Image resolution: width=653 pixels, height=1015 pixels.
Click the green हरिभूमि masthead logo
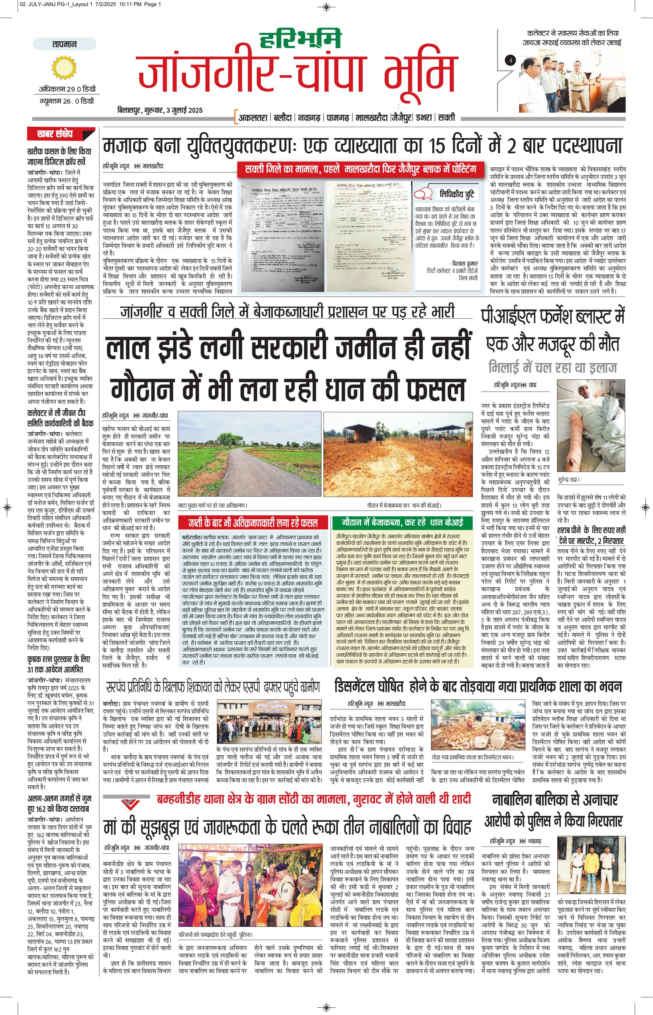pos(300,39)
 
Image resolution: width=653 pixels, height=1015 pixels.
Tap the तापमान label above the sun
pos(64,44)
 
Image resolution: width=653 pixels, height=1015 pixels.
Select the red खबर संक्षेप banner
pos(61,134)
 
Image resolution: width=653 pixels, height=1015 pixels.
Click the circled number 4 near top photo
pos(511,60)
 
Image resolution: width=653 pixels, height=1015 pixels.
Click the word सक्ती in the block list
pos(446,118)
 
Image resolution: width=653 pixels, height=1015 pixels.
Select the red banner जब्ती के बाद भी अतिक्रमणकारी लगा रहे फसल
pos(253,523)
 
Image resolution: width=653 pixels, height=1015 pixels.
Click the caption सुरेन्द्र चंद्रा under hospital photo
pos(568,480)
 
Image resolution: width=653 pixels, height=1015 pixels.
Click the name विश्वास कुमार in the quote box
pos(464,263)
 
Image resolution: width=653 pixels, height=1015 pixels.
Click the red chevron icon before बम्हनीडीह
pos(130,804)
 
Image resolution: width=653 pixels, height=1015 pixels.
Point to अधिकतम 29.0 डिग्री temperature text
pos(67,89)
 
